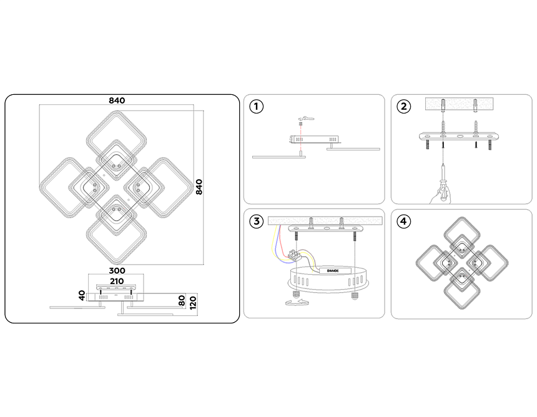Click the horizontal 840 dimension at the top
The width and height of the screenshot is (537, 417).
(x=117, y=101)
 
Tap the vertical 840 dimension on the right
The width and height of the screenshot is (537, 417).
(x=199, y=187)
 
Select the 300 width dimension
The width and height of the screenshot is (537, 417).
(x=117, y=270)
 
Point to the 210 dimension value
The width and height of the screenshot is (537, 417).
(x=117, y=281)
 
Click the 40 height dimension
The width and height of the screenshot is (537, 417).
(x=82, y=295)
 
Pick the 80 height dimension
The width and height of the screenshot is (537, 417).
(x=182, y=301)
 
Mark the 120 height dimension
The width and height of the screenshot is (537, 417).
(x=193, y=303)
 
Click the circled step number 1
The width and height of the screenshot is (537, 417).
(x=256, y=107)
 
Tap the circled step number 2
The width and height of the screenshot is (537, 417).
(x=404, y=107)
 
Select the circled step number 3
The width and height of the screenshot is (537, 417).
(x=257, y=221)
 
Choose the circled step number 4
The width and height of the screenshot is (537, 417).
(x=403, y=221)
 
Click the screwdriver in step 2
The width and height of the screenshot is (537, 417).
(x=443, y=182)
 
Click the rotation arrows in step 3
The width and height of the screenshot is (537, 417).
(x=298, y=302)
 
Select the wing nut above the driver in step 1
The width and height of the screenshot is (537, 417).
(x=306, y=119)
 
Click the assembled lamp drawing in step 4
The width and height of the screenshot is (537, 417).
(x=462, y=263)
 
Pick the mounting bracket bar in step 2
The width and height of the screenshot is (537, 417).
(x=459, y=136)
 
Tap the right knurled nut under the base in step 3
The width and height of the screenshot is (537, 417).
(x=355, y=295)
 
